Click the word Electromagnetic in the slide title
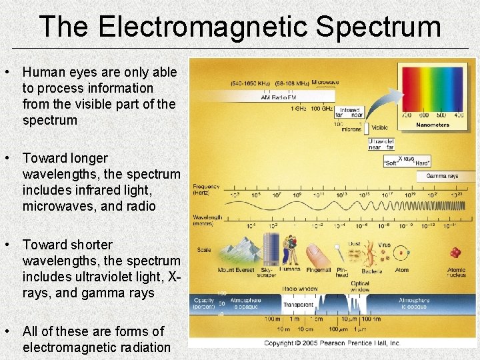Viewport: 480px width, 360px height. point(203,27)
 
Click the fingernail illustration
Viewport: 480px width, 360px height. point(318,253)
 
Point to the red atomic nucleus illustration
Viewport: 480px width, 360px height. point(455,253)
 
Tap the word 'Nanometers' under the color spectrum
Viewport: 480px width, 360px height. point(433,125)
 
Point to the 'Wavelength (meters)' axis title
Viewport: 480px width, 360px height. point(208,220)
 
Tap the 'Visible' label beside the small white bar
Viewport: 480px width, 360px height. point(379,127)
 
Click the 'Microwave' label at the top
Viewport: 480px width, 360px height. point(325,83)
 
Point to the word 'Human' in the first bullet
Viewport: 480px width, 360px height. point(41,72)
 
